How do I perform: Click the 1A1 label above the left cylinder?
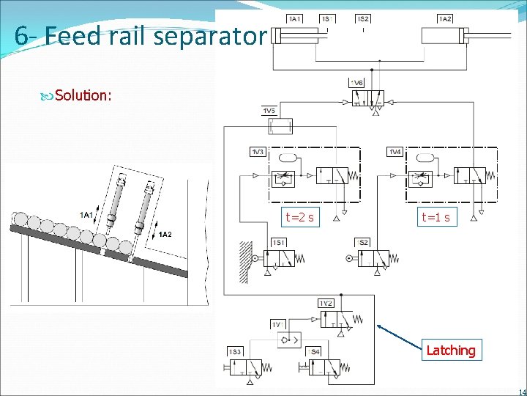click(295, 18)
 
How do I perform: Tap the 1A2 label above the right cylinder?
click(445, 18)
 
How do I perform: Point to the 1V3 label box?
click(257, 152)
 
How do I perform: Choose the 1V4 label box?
click(395, 152)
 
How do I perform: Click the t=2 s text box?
click(300, 217)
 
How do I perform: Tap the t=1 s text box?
click(436, 217)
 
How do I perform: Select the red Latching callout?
click(450, 351)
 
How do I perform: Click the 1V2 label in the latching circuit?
click(326, 303)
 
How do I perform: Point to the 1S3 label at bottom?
click(235, 353)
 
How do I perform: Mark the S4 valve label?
click(313, 353)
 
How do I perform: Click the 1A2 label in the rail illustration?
click(165, 234)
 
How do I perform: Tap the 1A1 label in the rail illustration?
click(86, 214)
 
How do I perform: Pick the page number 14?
click(521, 391)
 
